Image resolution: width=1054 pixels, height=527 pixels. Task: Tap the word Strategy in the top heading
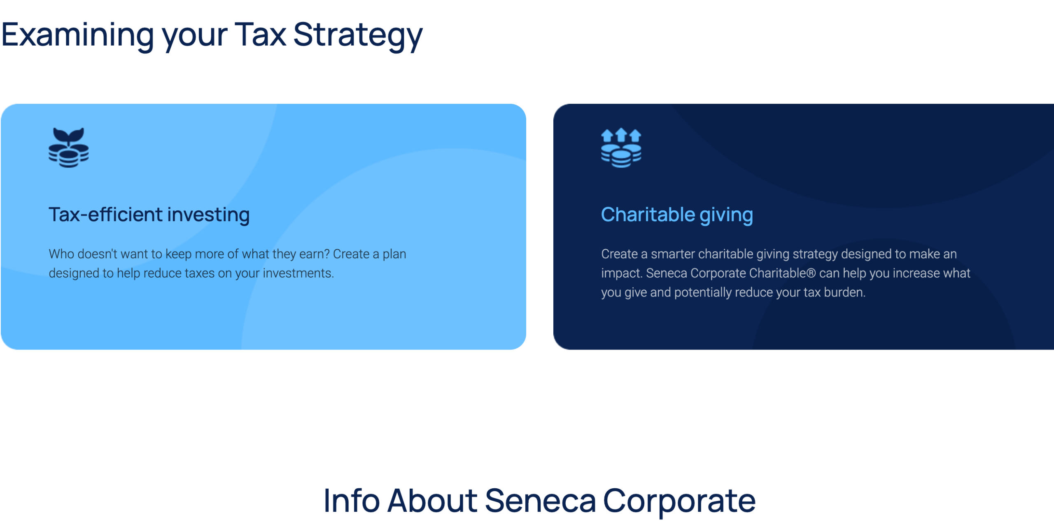(x=358, y=36)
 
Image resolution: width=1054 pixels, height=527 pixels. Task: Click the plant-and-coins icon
(x=68, y=147)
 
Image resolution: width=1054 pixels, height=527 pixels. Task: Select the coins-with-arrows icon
(x=621, y=148)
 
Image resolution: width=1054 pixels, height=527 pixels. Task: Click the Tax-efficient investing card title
(x=149, y=215)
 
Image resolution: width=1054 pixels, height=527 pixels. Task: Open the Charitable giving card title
(x=677, y=215)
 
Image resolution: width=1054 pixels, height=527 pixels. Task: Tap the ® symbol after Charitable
(x=811, y=273)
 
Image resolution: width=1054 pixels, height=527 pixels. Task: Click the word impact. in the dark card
(x=622, y=273)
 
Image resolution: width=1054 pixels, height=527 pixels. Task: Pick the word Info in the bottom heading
(x=352, y=501)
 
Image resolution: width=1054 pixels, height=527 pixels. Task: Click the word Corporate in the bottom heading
(x=679, y=501)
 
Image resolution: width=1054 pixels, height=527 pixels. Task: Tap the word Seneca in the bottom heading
(x=540, y=501)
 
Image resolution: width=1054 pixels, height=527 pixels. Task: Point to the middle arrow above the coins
(x=621, y=135)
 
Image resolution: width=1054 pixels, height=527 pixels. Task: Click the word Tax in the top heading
(x=260, y=35)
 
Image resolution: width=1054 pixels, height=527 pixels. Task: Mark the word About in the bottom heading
(x=432, y=501)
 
